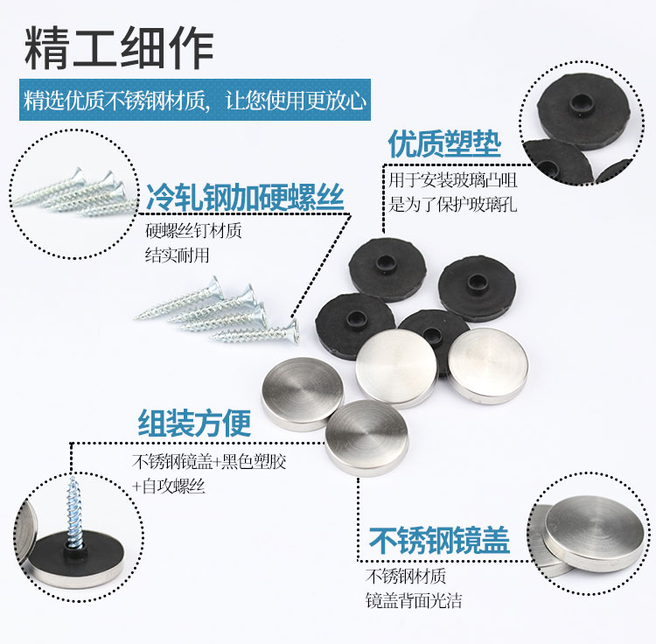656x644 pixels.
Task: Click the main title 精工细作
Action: point(119,48)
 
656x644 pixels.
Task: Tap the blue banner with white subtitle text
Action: point(195,100)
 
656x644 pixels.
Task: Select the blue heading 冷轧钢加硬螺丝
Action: point(245,197)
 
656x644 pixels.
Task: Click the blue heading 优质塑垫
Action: point(444,143)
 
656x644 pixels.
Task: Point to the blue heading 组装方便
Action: point(194,423)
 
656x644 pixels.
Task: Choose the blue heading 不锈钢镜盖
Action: point(439,540)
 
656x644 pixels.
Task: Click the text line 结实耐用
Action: point(177,255)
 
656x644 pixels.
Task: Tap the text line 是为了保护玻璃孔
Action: point(453,205)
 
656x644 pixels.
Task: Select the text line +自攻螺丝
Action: point(168,486)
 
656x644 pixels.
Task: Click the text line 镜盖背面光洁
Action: point(414,600)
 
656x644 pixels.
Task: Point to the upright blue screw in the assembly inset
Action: point(75,514)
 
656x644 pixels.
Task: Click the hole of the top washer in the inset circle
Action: point(580,101)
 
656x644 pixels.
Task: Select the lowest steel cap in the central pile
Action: point(366,437)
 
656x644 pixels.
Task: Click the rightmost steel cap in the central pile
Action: point(488,366)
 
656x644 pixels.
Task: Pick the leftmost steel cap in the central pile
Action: point(303,394)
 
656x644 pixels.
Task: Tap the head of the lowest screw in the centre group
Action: point(293,332)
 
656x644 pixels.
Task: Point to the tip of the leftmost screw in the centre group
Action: point(136,318)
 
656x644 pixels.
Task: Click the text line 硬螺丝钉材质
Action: point(193,230)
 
